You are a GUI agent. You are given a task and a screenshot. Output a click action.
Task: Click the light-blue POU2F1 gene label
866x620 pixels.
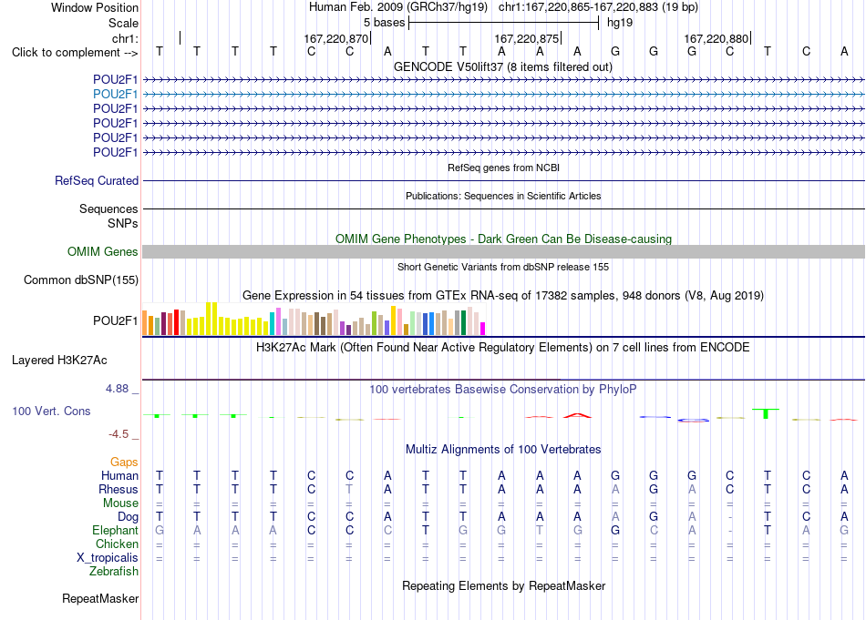pos(116,95)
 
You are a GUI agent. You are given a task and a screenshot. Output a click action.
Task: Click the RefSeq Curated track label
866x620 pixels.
pos(97,180)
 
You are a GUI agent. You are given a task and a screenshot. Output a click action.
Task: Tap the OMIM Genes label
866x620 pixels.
pos(103,251)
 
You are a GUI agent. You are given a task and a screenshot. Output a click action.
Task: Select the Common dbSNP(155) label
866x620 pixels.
pos(81,280)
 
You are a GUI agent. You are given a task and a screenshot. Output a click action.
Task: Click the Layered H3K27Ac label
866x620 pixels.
pos(59,361)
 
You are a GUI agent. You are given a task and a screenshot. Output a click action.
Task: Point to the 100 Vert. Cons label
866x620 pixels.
pos(51,411)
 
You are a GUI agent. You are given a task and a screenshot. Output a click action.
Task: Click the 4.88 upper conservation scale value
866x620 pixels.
pos(117,389)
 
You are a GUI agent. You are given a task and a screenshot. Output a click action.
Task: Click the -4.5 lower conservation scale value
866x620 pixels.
pos(119,434)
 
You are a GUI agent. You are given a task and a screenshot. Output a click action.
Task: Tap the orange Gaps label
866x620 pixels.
pos(124,462)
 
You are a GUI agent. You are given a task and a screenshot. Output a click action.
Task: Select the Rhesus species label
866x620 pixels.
pos(119,489)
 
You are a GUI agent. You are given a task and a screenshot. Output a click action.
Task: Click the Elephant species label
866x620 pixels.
pos(116,530)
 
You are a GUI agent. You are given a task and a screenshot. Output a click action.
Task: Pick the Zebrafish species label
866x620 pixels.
pos(114,571)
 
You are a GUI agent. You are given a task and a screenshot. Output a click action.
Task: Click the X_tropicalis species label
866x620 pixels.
pos(108,557)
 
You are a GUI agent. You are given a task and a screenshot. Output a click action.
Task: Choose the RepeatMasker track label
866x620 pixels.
pos(100,598)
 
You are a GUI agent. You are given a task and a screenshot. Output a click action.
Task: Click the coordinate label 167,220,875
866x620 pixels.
pos(526,38)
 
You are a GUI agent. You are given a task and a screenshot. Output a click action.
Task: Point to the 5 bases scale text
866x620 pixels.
pos(385,23)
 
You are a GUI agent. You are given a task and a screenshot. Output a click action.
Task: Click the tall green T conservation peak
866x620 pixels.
pos(766,413)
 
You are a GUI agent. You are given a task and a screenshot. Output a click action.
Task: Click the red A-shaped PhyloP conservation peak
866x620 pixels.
pos(577,415)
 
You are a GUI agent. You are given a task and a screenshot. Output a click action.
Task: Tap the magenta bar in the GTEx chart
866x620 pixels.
pos(482,329)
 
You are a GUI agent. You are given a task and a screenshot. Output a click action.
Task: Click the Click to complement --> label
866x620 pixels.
pos(75,53)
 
